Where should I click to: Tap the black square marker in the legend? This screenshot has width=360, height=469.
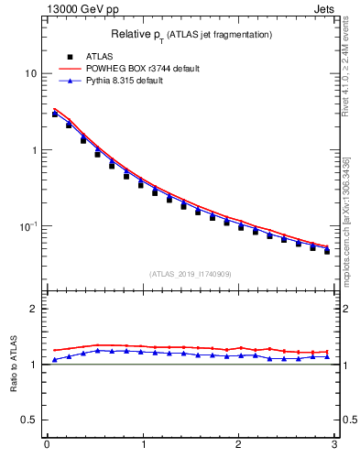[70, 57]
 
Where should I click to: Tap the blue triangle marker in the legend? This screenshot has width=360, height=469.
[70, 81]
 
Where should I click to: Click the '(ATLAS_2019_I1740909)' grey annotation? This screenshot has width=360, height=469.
[190, 274]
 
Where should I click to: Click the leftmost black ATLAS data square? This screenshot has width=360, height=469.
[55, 115]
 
